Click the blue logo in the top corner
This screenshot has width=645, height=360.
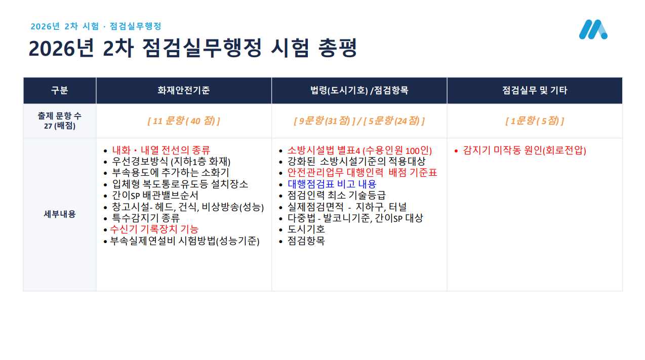click(593, 29)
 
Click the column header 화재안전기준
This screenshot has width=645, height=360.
click(183, 91)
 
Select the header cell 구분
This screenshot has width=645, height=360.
click(59, 91)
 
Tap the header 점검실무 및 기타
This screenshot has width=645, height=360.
click(535, 91)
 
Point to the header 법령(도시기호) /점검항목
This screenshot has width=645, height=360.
click(359, 91)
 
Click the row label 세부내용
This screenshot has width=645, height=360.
click(60, 214)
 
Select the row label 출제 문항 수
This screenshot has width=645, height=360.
click(60, 116)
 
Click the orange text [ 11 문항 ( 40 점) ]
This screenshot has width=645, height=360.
click(184, 121)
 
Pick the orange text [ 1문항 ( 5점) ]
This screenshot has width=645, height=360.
click(535, 121)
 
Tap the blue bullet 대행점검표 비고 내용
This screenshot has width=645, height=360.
click(332, 184)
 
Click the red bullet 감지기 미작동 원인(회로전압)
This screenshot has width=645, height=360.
click(525, 150)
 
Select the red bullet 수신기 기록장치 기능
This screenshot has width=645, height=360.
click(154, 229)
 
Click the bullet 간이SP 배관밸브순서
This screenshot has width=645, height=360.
click(155, 195)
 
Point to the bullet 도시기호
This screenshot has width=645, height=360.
click(306, 229)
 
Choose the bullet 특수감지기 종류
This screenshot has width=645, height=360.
click(146, 218)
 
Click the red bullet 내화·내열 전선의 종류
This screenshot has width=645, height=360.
click(161, 150)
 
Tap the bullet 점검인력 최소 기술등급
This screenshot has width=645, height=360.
click(336, 195)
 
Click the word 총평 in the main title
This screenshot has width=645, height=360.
click(338, 48)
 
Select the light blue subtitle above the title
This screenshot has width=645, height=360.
click(96, 26)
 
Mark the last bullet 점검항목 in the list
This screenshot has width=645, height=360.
click(306, 241)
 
